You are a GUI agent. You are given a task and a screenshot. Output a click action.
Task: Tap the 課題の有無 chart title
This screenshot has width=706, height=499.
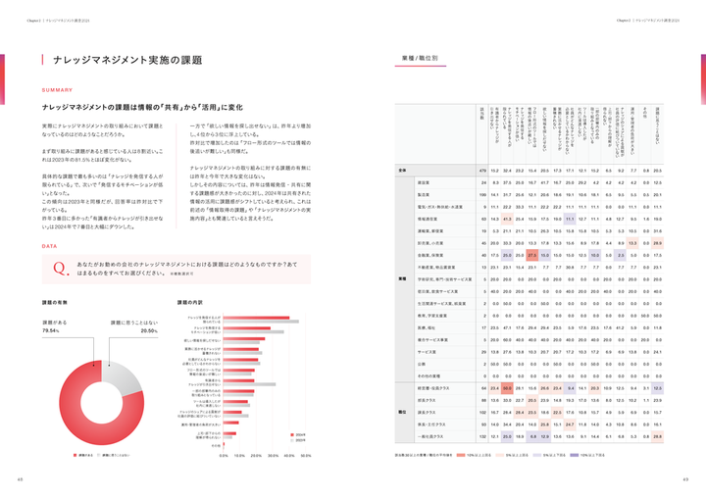click(55, 303)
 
